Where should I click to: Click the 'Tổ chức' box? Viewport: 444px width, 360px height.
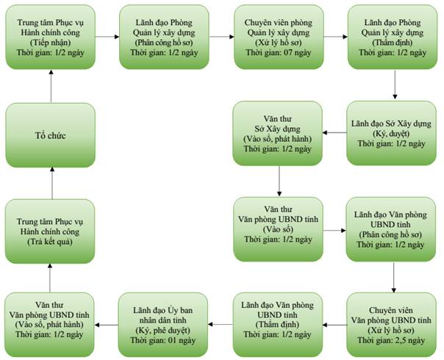pyautogui.click(x=51, y=135)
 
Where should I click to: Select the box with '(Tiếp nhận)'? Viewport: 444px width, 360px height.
pyautogui.click(x=51, y=37)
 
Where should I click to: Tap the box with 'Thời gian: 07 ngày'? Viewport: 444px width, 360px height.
pyautogui.click(x=279, y=37)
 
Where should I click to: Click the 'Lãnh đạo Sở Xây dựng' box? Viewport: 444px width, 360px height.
pyautogui.click(x=391, y=133)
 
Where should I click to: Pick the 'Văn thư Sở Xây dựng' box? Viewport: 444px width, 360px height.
pyautogui.click(x=278, y=133)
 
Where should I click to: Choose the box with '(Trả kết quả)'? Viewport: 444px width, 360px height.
pyautogui.click(x=50, y=231)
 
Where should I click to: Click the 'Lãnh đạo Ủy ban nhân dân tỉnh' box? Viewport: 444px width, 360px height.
pyautogui.click(x=162, y=325)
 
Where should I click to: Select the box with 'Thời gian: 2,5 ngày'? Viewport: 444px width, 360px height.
pyautogui.click(x=391, y=325)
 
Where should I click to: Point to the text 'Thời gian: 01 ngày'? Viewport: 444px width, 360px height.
pyautogui.click(x=162, y=340)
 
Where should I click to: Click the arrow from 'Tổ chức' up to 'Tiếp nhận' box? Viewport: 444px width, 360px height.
pyautogui.click(x=51, y=86)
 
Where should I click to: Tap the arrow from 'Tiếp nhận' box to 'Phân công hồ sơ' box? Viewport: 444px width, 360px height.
pyautogui.click(x=107, y=37)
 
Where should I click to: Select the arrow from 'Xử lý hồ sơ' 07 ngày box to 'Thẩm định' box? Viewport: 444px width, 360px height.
pyautogui.click(x=335, y=37)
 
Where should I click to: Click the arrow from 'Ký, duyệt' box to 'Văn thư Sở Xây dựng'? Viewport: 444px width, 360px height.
pyautogui.click(x=334, y=132)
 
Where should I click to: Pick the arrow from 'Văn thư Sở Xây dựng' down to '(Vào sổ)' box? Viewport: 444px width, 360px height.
pyautogui.click(x=279, y=181)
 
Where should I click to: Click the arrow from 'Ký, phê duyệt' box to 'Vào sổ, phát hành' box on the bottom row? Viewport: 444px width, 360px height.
pyautogui.click(x=107, y=325)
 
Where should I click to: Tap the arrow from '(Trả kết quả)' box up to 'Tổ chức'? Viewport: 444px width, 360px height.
pyautogui.click(x=51, y=183)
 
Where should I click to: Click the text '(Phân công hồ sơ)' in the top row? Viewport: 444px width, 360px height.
pyautogui.click(x=164, y=43)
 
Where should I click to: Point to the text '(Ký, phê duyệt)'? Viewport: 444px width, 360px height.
pyautogui.click(x=162, y=330)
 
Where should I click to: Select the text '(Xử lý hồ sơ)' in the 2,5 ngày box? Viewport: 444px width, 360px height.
pyautogui.click(x=391, y=331)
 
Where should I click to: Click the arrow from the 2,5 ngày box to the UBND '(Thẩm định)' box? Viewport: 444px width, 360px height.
pyautogui.click(x=334, y=325)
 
